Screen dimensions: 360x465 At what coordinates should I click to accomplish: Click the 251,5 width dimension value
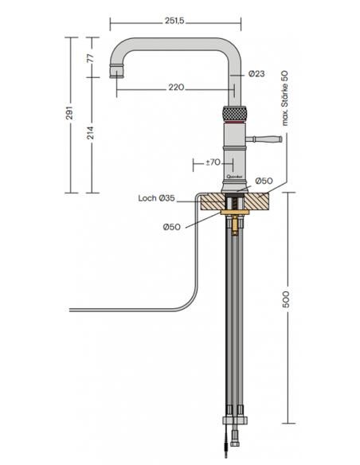(x=174, y=21)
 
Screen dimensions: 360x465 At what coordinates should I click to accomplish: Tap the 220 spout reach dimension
(x=177, y=88)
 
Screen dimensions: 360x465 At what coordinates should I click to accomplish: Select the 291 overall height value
(x=69, y=113)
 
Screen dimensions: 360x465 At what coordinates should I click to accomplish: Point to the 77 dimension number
(x=90, y=58)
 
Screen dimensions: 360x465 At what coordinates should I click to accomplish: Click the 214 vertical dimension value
(x=90, y=133)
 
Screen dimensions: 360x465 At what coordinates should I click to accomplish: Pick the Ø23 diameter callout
(x=256, y=73)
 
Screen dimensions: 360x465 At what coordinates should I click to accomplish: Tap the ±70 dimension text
(x=213, y=162)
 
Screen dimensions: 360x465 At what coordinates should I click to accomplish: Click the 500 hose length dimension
(x=286, y=299)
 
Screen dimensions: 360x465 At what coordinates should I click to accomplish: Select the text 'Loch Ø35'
(x=157, y=198)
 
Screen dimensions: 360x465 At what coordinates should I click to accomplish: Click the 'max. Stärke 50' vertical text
(x=284, y=98)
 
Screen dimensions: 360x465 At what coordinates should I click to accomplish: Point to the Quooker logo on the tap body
(x=235, y=177)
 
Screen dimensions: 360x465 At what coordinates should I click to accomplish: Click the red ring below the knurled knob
(x=234, y=122)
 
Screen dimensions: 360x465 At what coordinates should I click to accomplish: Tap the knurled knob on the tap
(x=234, y=113)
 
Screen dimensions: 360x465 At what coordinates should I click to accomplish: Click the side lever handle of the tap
(x=264, y=139)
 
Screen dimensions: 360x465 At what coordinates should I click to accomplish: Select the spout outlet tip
(x=116, y=71)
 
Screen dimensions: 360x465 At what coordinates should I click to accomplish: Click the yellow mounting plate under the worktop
(x=235, y=213)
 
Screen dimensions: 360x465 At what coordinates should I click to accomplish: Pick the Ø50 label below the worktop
(x=172, y=227)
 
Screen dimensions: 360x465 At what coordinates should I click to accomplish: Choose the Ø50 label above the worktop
(x=264, y=181)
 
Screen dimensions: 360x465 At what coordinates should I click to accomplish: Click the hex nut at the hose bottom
(x=235, y=420)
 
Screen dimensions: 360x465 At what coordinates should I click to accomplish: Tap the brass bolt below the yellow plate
(x=235, y=225)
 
